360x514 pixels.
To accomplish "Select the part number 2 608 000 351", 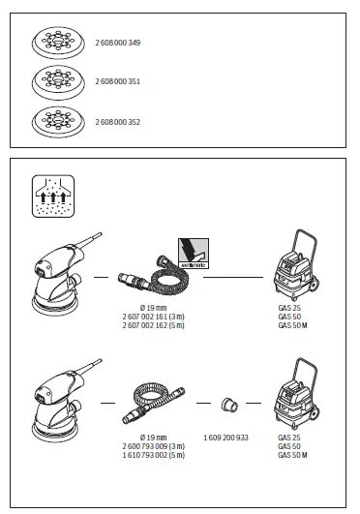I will [118, 83].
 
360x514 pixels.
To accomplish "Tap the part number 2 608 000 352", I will [118, 122].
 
